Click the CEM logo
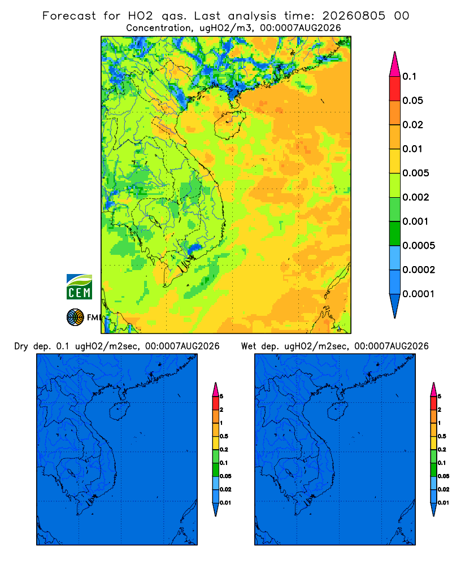coord(79,287)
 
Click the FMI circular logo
coord(75,318)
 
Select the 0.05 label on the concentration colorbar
coord(412,101)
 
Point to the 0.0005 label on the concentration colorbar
coord(419,246)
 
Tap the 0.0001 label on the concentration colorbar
coord(419,294)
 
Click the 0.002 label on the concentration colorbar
coord(416,197)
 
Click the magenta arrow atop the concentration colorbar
coord(395,64)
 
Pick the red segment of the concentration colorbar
coord(395,89)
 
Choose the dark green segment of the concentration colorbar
coord(395,233)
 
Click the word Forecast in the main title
coord(69,16)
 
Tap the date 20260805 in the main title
coord(354,16)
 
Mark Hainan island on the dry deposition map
coord(119,411)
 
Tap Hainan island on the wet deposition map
coord(338,411)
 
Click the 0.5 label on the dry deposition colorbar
coord(224,436)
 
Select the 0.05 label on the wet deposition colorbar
coord(444,476)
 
